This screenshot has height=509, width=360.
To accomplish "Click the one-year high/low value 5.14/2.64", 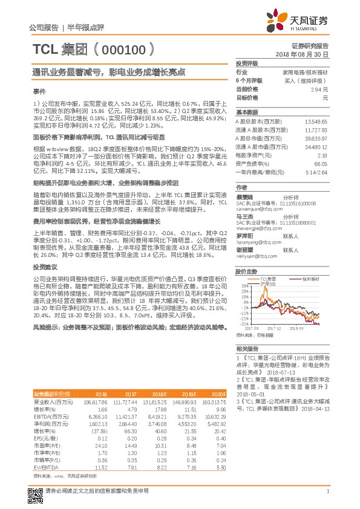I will tap(315, 172).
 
